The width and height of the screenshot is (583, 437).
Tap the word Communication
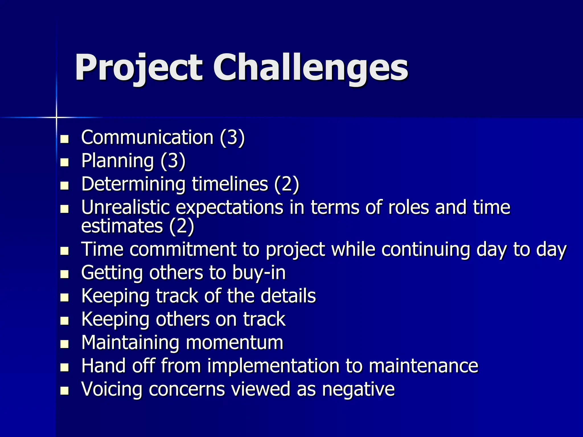coord(147,137)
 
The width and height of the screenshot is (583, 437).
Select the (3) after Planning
coord(173,161)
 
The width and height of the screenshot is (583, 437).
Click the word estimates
coord(122,226)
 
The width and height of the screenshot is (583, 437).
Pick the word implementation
coord(273,366)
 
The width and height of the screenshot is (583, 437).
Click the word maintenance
coord(423,366)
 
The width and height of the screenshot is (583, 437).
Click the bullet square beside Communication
coord(65,139)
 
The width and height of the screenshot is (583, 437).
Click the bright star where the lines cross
coord(56,117)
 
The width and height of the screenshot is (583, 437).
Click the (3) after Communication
coord(232,137)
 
